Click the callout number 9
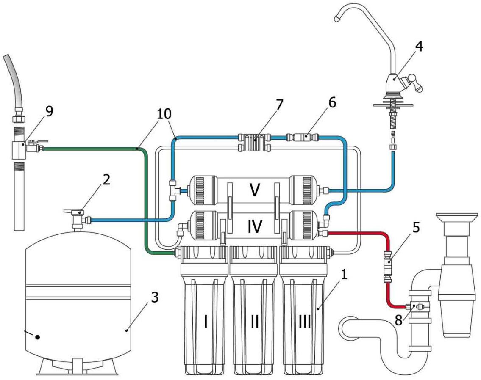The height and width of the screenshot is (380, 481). pyautogui.click(x=49, y=111)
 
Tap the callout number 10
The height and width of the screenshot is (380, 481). pyautogui.click(x=164, y=113)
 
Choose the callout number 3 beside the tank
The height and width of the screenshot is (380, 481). pyautogui.click(x=155, y=297)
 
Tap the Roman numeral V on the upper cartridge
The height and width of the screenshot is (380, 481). pyautogui.click(x=255, y=190)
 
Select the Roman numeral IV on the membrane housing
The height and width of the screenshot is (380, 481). pyautogui.click(x=255, y=226)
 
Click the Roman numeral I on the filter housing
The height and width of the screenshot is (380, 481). pyautogui.click(x=206, y=322)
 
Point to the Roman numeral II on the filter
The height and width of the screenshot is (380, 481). pyautogui.click(x=255, y=322)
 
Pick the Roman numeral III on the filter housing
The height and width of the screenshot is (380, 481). pyautogui.click(x=305, y=322)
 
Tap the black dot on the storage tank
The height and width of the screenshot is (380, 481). pyautogui.click(x=37, y=337)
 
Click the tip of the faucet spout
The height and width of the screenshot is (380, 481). pyautogui.click(x=338, y=18)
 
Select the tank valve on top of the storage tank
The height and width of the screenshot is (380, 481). pyautogui.click(x=77, y=219)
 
